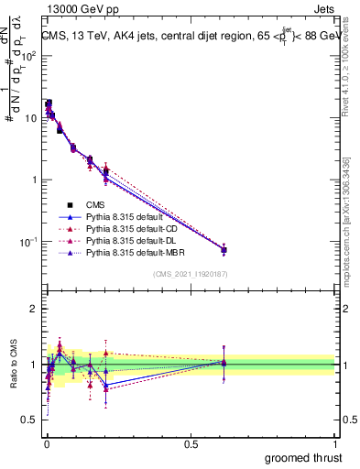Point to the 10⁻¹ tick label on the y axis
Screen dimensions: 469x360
pos(26,242)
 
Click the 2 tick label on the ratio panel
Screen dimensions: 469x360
pos(34,309)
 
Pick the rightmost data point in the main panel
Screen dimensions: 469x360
pos(224,249)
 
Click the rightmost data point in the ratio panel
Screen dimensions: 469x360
pos(224,363)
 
